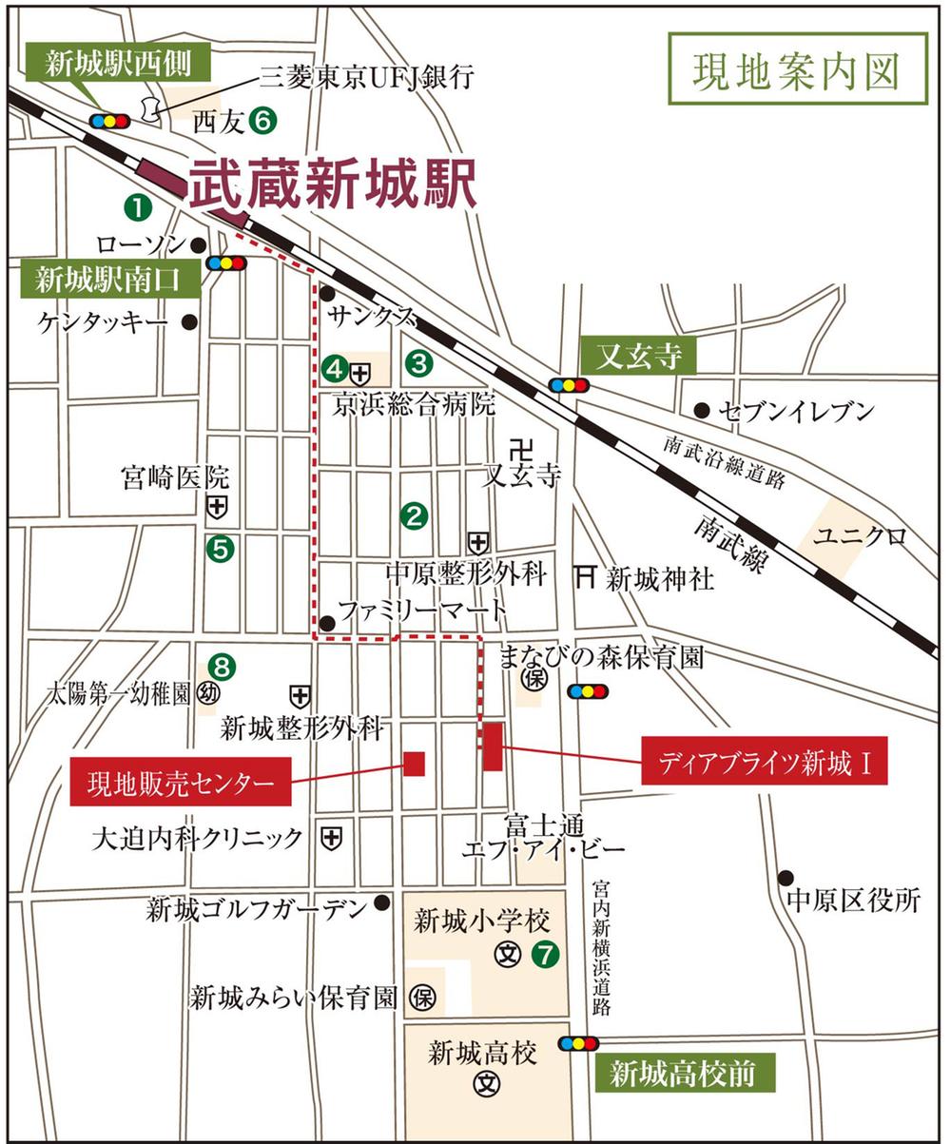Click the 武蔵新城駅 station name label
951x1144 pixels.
tap(333, 185)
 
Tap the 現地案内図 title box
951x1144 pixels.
tap(797, 68)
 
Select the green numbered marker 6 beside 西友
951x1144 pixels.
tap(262, 121)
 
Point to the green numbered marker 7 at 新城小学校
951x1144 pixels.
tap(543, 953)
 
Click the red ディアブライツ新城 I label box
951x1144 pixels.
tap(764, 761)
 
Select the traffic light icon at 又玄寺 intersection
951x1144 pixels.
tap(568, 385)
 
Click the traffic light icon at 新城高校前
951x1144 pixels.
tap(579, 1043)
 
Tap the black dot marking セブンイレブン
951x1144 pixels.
tap(702, 410)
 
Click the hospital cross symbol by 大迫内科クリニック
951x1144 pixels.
tap(330, 838)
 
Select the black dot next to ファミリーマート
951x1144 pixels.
tap(327, 623)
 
